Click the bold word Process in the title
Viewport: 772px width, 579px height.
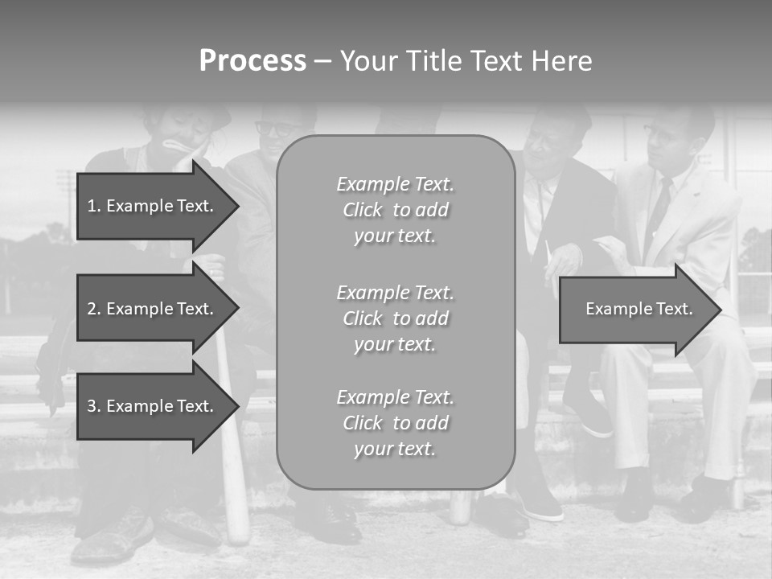coord(253,61)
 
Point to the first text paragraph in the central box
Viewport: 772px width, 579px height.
coord(395,210)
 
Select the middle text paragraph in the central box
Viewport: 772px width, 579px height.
coord(395,318)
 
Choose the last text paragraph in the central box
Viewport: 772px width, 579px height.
coord(395,423)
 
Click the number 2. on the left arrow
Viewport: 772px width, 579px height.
coord(94,309)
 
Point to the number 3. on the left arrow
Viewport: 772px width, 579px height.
coord(94,406)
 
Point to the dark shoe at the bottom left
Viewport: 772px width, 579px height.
coord(113,539)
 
